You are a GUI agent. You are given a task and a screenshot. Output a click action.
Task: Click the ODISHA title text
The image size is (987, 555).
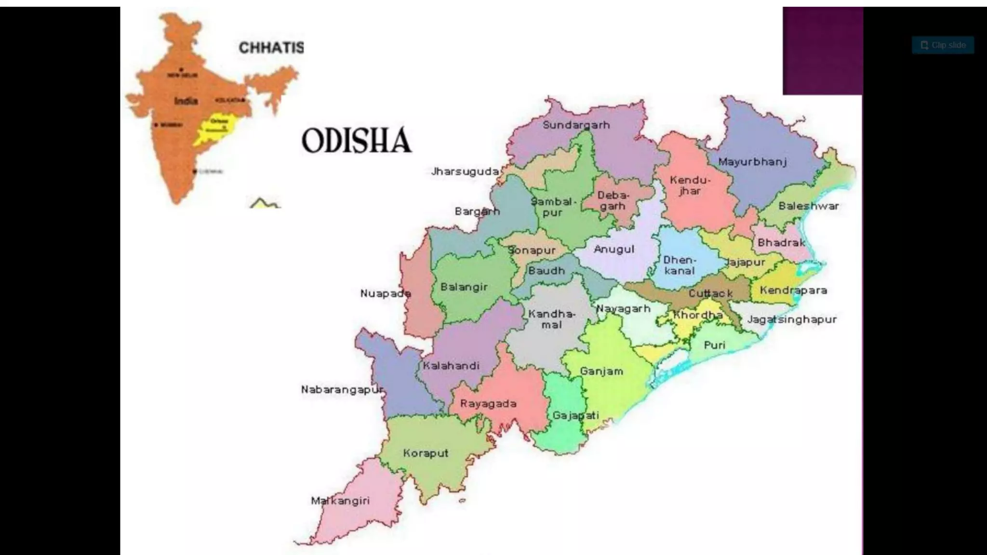357,141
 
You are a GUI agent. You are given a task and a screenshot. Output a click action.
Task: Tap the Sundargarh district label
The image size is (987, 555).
576,125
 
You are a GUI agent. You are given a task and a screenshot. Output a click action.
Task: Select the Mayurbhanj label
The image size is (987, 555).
752,162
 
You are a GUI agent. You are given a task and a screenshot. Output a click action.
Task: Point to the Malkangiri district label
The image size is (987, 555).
340,501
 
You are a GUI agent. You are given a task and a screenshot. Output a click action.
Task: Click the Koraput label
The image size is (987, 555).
426,453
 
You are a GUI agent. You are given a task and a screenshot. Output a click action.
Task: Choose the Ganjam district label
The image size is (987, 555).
601,371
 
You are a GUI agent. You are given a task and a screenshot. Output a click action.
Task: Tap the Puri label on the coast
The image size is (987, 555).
714,345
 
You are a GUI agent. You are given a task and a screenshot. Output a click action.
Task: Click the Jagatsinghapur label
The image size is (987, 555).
792,319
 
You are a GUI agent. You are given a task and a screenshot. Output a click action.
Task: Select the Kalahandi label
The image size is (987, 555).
451,366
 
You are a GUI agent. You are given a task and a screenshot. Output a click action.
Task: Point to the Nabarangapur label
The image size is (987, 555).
342,390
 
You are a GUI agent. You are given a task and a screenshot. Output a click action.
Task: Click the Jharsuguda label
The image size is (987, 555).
465,172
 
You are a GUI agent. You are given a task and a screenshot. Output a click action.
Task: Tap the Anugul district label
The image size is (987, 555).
614,250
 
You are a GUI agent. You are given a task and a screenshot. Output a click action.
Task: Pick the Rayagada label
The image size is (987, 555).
488,404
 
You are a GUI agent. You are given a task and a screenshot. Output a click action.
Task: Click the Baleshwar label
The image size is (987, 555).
809,206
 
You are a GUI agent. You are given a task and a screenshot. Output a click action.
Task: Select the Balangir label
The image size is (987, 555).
464,287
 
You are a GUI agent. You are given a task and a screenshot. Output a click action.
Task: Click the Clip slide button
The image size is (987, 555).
943,45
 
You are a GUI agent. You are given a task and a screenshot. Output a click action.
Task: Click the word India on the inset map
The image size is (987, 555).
186,101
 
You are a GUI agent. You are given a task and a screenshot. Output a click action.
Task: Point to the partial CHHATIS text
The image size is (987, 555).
271,48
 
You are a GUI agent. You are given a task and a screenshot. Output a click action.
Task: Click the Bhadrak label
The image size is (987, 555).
781,243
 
